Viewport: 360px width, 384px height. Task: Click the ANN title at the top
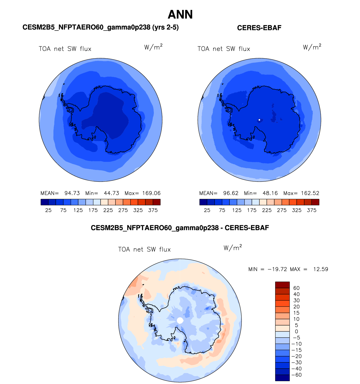180,15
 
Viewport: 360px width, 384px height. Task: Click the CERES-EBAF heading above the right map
259,28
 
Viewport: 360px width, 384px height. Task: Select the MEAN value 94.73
72,193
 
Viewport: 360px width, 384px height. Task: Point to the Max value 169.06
151,193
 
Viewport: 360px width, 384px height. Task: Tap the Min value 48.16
270,193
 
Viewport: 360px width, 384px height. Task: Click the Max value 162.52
310,193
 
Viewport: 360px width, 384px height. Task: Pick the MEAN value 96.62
231,193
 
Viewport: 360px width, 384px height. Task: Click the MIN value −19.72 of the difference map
277,269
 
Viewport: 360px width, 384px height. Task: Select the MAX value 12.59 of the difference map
320,269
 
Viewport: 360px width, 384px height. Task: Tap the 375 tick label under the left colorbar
153,210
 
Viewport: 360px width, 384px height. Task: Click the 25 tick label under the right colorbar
207,210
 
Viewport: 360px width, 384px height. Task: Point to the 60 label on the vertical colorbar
296,288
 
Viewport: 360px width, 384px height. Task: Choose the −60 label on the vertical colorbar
296,375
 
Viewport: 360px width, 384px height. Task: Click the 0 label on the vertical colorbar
296,332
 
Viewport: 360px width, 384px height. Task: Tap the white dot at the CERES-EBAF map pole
259,120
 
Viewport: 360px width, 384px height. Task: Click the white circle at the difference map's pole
180,320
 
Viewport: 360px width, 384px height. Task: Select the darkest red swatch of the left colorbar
157,202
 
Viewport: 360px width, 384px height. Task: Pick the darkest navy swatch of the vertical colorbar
282,378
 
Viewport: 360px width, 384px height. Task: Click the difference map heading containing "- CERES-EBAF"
180,228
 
